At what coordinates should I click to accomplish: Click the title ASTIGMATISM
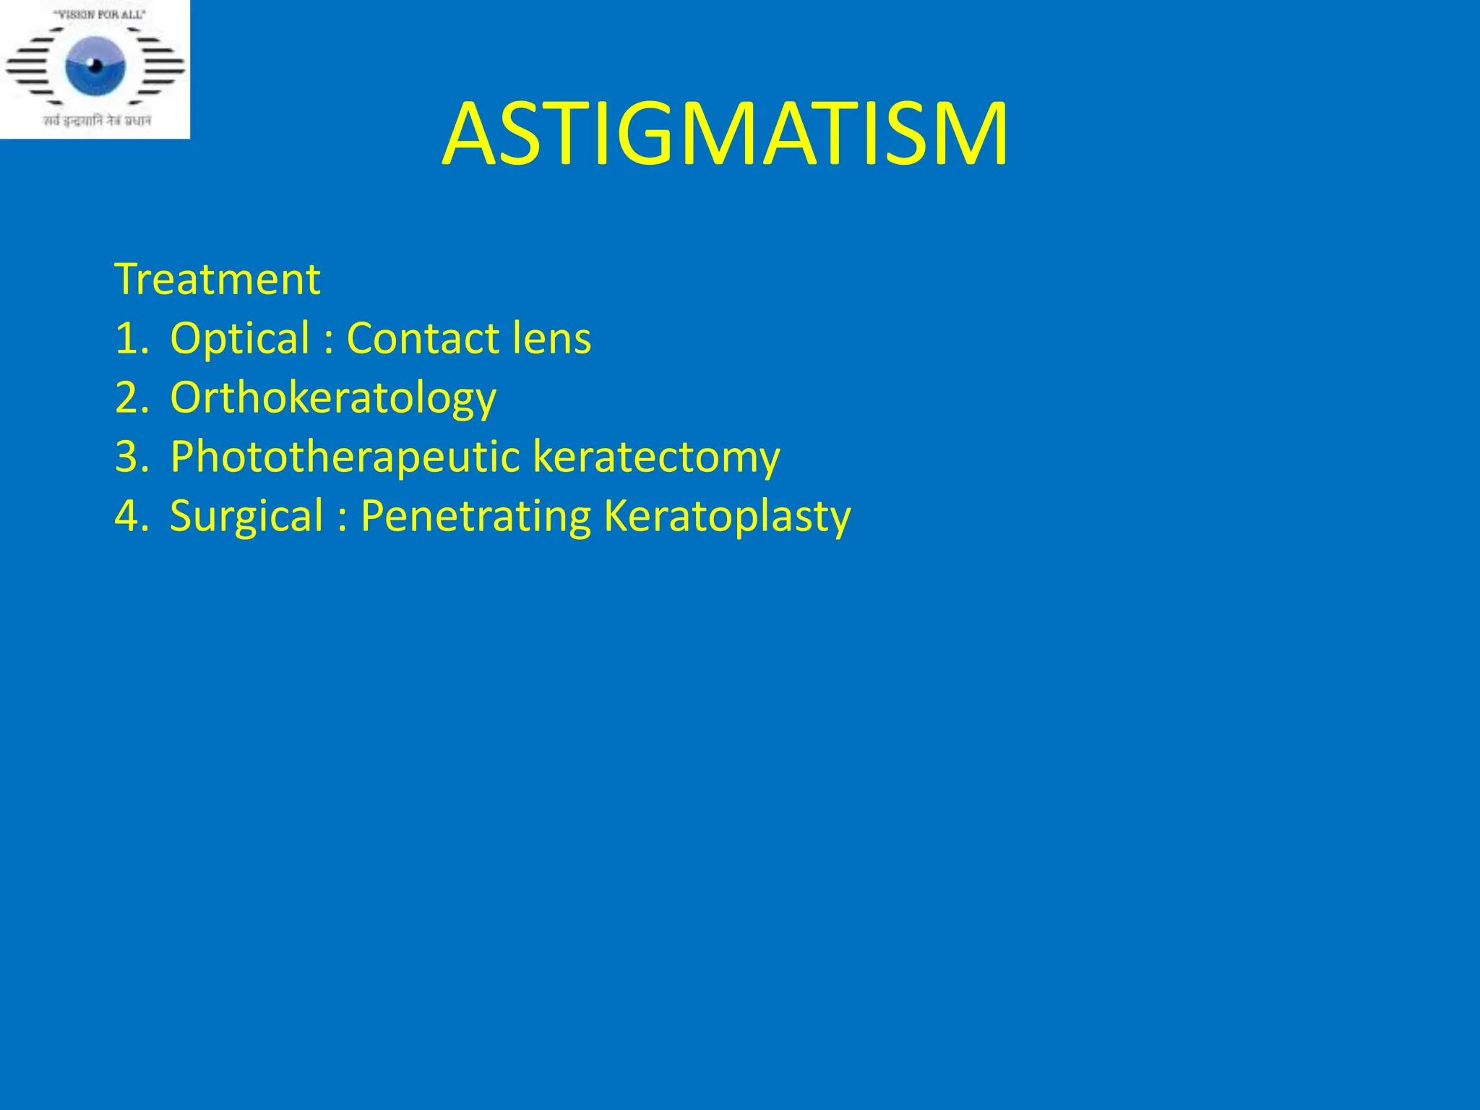725,135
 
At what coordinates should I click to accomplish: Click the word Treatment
217,279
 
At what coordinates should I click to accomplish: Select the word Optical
240,338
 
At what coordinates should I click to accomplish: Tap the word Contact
423,338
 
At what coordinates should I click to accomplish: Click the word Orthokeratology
333,397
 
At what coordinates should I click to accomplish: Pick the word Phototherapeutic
345,457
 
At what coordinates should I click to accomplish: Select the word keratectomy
656,457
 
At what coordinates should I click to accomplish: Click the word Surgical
246,516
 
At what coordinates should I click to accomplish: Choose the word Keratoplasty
727,516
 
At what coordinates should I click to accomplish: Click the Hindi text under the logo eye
97,121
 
